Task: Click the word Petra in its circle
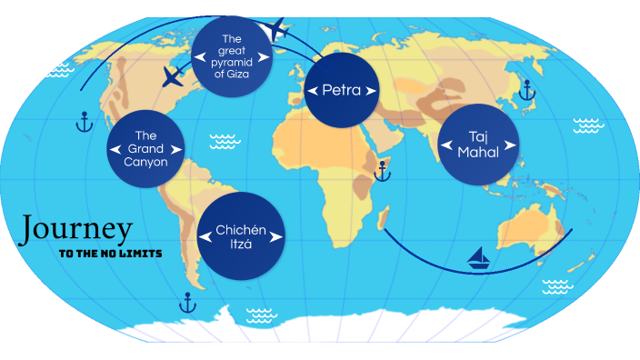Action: point(342,90)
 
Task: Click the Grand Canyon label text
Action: point(146,149)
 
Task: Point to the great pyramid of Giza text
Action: point(232,56)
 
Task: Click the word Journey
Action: point(77,229)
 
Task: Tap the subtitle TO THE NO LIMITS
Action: point(110,254)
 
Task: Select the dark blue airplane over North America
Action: point(173,76)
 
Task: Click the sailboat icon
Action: point(479,259)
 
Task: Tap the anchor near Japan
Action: point(525,88)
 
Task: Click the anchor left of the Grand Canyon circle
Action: point(85,122)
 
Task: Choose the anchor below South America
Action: point(188,302)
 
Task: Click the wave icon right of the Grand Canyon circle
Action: point(223,141)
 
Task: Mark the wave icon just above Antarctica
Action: point(261,315)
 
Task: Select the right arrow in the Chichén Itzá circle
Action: point(276,237)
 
